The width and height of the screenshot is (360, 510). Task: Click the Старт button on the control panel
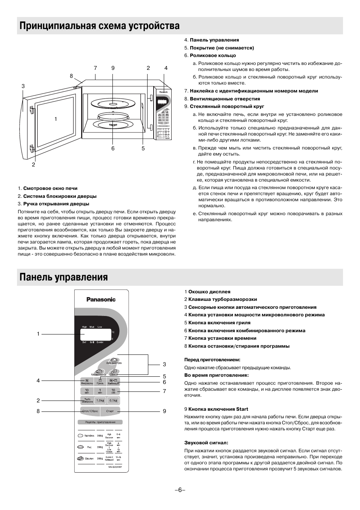pos(110,411)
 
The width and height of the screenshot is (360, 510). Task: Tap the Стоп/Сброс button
pos(90,411)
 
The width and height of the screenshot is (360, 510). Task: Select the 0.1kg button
pos(113,401)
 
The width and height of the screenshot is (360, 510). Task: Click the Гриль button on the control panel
pos(100,382)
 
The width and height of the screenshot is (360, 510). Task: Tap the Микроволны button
pos(87,382)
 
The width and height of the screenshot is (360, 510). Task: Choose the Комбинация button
pos(113,382)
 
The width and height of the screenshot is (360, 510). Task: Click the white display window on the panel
pos(95,334)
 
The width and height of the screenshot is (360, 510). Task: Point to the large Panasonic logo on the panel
pos(101,300)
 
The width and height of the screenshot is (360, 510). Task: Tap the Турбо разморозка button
pos(87,401)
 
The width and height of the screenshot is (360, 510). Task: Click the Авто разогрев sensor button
pos(114,361)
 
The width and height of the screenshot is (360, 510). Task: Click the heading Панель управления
pos(64,277)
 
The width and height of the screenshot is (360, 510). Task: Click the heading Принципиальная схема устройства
pos(100,26)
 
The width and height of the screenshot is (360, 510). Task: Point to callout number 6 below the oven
pos(113,148)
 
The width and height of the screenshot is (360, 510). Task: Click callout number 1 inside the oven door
pos(55,119)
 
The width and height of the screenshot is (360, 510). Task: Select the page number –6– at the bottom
pos(180,490)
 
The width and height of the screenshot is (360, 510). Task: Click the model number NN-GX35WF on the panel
pos(115,467)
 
